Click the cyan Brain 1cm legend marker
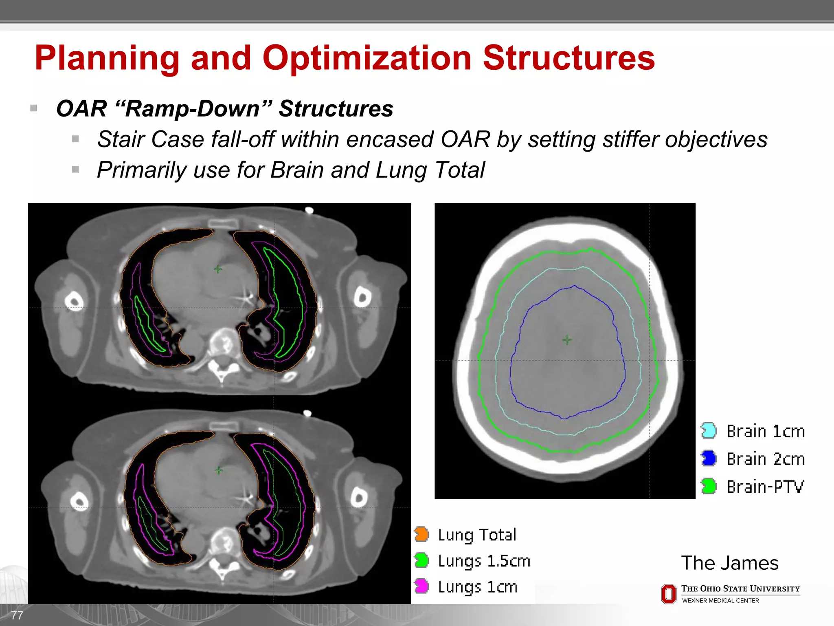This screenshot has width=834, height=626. [x=709, y=431]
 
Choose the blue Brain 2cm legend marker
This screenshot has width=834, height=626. [x=709, y=458]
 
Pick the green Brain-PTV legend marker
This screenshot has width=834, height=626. [x=709, y=486]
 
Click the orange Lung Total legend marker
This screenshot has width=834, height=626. [x=421, y=534]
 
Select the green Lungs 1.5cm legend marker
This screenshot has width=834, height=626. [x=421, y=560]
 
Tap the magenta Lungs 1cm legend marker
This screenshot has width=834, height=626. [x=421, y=586]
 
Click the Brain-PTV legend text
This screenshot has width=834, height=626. [x=766, y=487]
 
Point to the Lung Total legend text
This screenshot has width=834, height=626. [x=477, y=535]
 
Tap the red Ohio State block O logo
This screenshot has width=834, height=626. [x=668, y=594]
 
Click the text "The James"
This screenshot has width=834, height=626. [x=730, y=563]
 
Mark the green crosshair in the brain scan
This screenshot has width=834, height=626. [x=567, y=340]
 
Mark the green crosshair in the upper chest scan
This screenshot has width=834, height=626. [x=218, y=269]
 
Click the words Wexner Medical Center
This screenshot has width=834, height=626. [x=720, y=601]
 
